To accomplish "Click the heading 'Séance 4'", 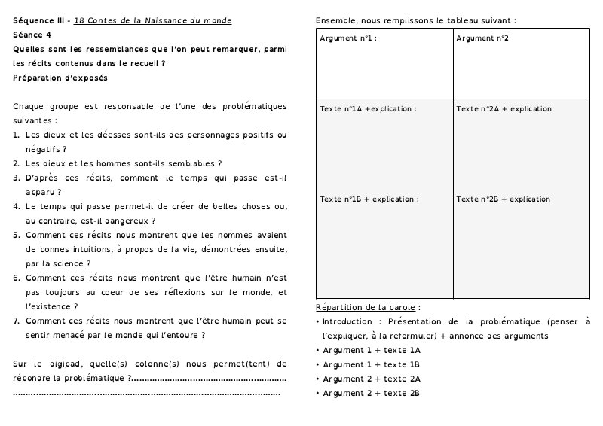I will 32,35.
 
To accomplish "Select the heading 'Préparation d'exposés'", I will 60,78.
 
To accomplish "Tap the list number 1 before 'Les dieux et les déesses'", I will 16,135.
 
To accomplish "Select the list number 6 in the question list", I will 16,278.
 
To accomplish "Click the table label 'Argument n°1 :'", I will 347,38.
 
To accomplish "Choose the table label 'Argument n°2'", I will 482,38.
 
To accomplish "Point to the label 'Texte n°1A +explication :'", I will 368,109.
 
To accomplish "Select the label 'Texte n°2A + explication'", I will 504,109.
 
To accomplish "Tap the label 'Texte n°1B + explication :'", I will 369,199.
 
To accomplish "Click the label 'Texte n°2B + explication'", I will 504,199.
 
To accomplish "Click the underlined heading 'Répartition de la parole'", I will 366,307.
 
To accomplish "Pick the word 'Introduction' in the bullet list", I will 346,321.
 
